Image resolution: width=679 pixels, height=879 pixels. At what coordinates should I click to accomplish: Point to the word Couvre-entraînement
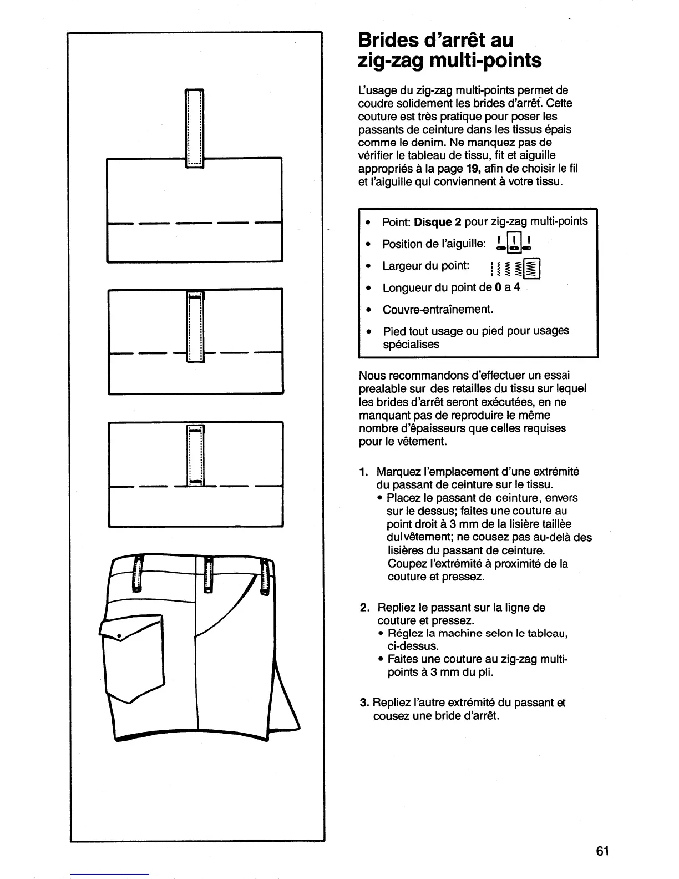click(x=438, y=309)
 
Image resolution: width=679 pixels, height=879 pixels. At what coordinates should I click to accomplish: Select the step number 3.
click(x=364, y=703)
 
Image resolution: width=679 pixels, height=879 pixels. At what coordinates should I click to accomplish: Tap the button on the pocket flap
click(x=119, y=634)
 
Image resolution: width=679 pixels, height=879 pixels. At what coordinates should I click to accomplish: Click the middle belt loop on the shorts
click(x=209, y=574)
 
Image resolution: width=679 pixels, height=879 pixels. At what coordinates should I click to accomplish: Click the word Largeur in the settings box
click(x=402, y=266)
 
